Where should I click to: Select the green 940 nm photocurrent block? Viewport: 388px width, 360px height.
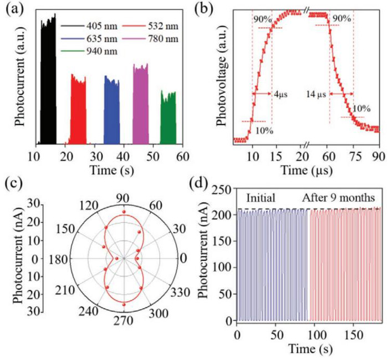click(168, 119)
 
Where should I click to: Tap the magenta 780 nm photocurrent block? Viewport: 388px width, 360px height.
click(140, 105)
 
